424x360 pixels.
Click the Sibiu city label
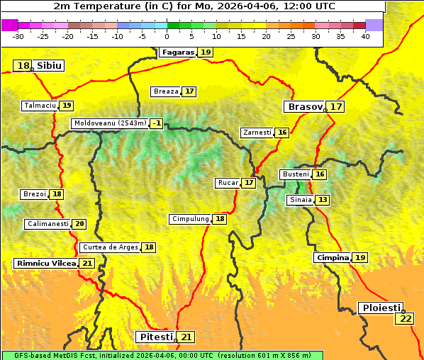[49, 66]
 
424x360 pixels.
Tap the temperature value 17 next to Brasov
[336, 107]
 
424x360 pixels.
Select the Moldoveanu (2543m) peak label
[110, 123]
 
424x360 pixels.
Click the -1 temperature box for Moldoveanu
[156, 123]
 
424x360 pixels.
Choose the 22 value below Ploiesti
[406, 319]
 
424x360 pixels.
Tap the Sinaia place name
[300, 200]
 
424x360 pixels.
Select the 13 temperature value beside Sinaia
[323, 200]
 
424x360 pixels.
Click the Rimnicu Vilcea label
[45, 263]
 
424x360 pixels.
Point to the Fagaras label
[177, 52]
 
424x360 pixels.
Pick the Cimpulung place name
[190, 219]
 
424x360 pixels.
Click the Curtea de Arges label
[109, 247]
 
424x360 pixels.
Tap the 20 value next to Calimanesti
[79, 224]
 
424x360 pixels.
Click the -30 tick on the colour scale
[18, 35]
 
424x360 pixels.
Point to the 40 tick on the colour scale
[365, 35]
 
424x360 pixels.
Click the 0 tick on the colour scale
[167, 35]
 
